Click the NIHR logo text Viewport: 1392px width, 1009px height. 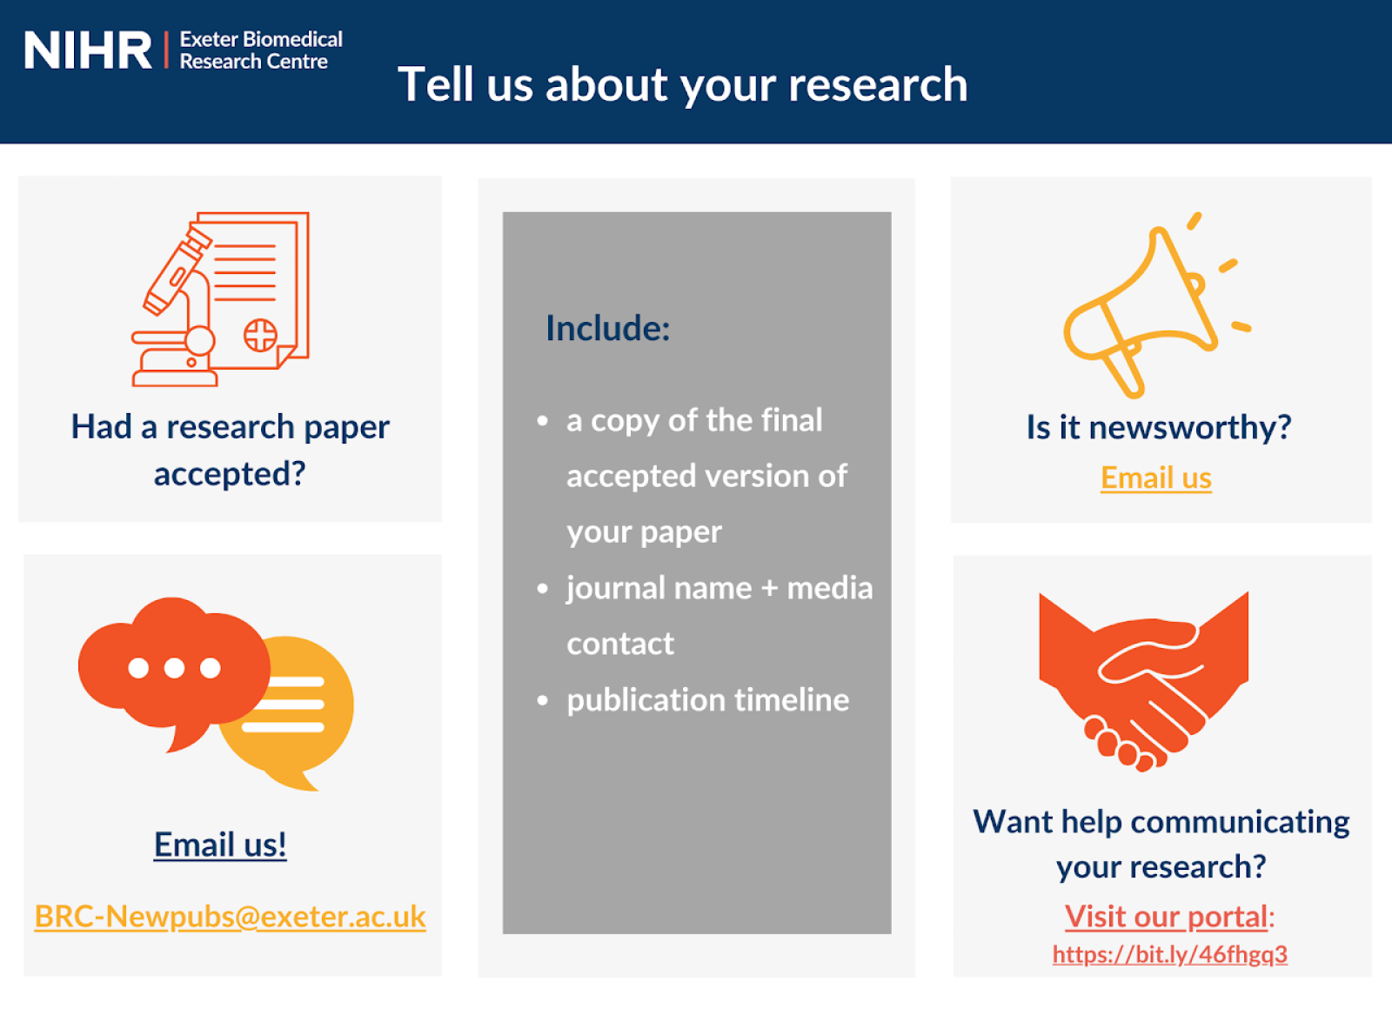(x=88, y=50)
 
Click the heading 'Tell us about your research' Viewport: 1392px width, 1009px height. (x=682, y=84)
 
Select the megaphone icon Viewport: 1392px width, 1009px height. (x=1157, y=305)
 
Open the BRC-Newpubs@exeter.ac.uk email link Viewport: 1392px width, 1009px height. (x=230, y=917)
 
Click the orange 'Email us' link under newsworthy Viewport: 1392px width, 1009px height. (x=1156, y=478)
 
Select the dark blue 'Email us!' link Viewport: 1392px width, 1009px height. (x=220, y=845)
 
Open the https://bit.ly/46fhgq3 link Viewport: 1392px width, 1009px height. (x=1169, y=954)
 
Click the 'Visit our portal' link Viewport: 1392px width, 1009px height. (x=1166, y=917)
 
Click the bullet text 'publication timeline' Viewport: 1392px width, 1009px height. (x=708, y=700)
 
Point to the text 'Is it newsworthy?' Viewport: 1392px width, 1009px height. (x=1159, y=427)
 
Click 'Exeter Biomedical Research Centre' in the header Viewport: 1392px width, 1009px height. (x=261, y=50)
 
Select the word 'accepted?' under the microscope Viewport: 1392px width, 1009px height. (x=230, y=474)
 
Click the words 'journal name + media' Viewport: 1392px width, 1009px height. (x=719, y=588)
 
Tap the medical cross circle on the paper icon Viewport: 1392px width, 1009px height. (x=260, y=336)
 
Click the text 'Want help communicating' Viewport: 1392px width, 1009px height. (x=1161, y=822)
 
